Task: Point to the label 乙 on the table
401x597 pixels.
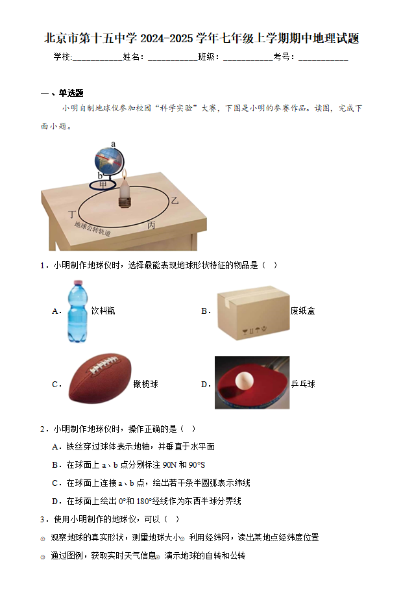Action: pos(175,200)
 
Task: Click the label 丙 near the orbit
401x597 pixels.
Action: pos(151,225)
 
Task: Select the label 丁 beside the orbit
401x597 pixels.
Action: pos(72,214)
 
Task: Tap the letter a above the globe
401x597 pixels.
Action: pos(113,144)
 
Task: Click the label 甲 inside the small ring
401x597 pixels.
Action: pos(103,184)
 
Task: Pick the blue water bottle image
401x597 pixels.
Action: pos(78,311)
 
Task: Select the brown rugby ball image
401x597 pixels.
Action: pos(100,377)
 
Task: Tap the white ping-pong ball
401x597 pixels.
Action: pos(244,381)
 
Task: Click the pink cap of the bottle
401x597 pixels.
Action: pos(78,283)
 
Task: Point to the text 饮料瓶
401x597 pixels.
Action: pos(103,311)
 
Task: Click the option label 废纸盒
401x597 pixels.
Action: pos(302,311)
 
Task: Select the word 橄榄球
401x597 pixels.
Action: pos(145,384)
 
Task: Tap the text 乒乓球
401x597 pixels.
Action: pos(303,384)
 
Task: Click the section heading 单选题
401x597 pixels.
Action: pos(71,93)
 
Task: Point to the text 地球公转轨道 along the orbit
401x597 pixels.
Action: pos(92,229)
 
